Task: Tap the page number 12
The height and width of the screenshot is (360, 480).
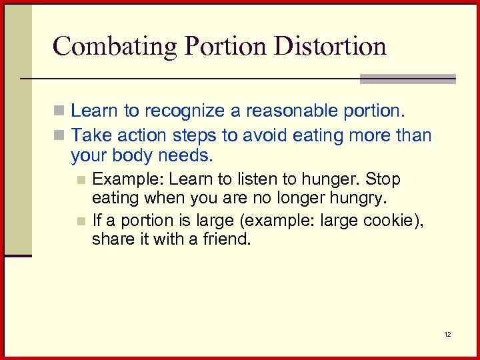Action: (447, 333)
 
